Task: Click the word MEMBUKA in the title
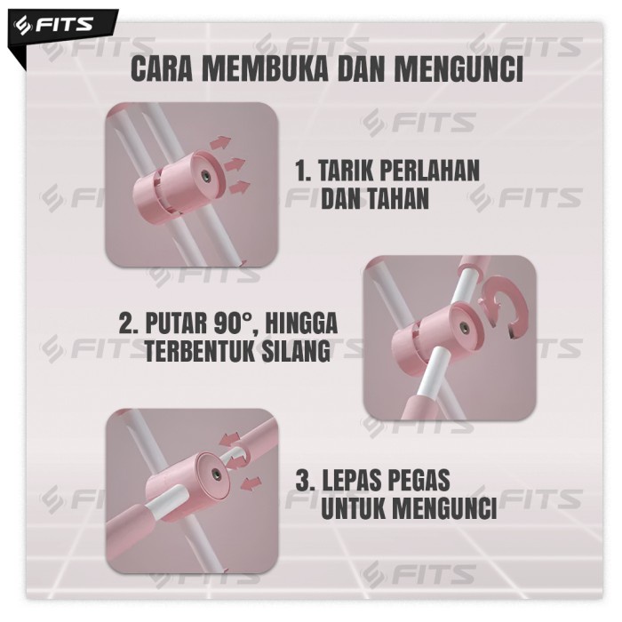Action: pyautogui.click(x=265, y=69)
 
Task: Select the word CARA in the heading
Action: pyautogui.click(x=162, y=69)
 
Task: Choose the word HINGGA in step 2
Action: pyautogui.click(x=301, y=323)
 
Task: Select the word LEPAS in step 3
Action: pyautogui.click(x=349, y=480)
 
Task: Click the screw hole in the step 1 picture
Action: pyautogui.click(x=206, y=174)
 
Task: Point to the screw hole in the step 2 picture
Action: pyautogui.click(x=462, y=327)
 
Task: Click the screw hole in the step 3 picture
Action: pyautogui.click(x=216, y=473)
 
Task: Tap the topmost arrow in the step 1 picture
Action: pyautogui.click(x=219, y=141)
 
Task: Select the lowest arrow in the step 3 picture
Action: pyautogui.click(x=251, y=483)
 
